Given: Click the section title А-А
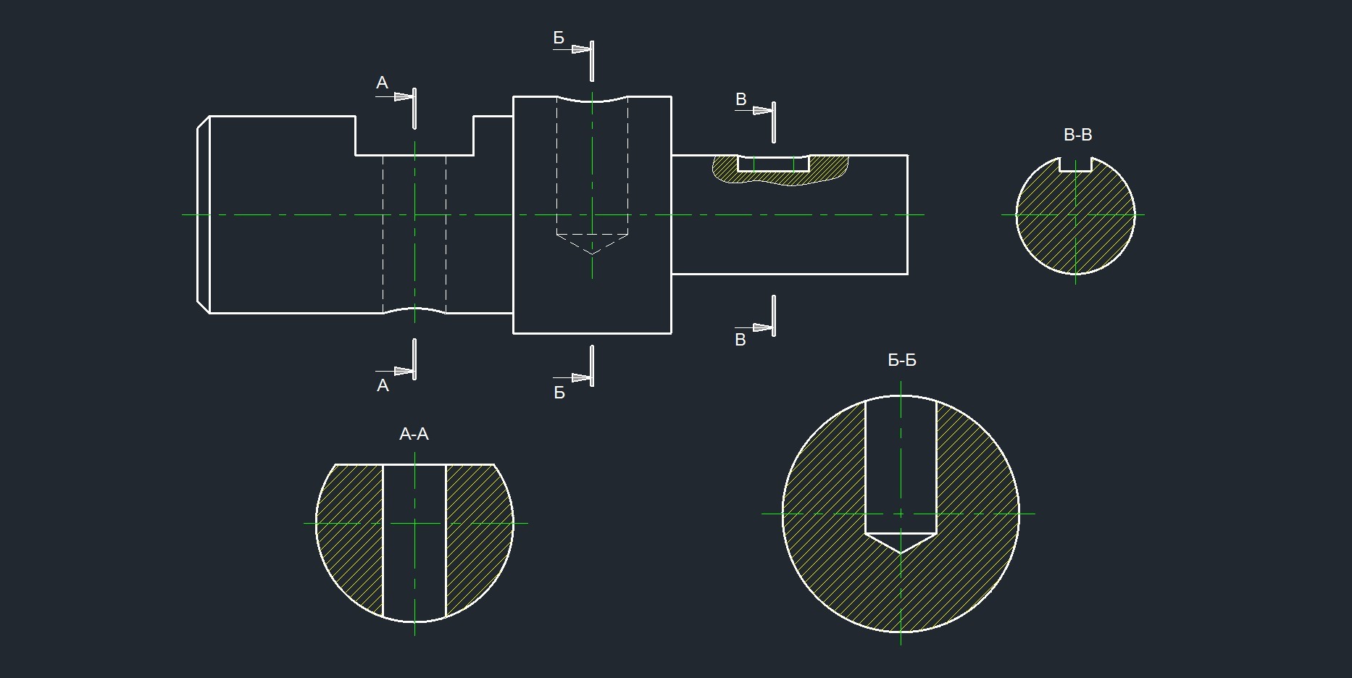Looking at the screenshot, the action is coord(414,434).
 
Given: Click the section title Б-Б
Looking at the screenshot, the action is coord(902,360).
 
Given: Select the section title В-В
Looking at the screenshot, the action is coord(1077,135).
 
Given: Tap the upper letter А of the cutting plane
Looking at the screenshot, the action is coord(382,83).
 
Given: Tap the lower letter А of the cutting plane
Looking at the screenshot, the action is coord(383,386).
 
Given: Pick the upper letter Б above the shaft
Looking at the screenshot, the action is coord(559,38).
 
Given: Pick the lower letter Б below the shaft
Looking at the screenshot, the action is coord(559,393).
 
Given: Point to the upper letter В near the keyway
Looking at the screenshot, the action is coord(740,99).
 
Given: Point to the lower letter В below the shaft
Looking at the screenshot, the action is coord(740,340).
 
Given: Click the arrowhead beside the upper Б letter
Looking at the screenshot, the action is coord(581,49).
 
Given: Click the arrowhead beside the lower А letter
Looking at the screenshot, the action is coord(404,371).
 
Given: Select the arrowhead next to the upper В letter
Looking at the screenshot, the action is coord(763,111).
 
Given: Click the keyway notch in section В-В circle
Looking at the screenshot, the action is coord(1075,164).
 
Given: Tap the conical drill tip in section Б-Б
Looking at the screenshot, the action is coord(901,543).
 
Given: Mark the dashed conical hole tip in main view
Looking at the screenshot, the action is coord(592,244).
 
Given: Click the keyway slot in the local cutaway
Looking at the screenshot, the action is coord(773,164).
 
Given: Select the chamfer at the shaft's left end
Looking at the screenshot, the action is coord(204,214).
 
